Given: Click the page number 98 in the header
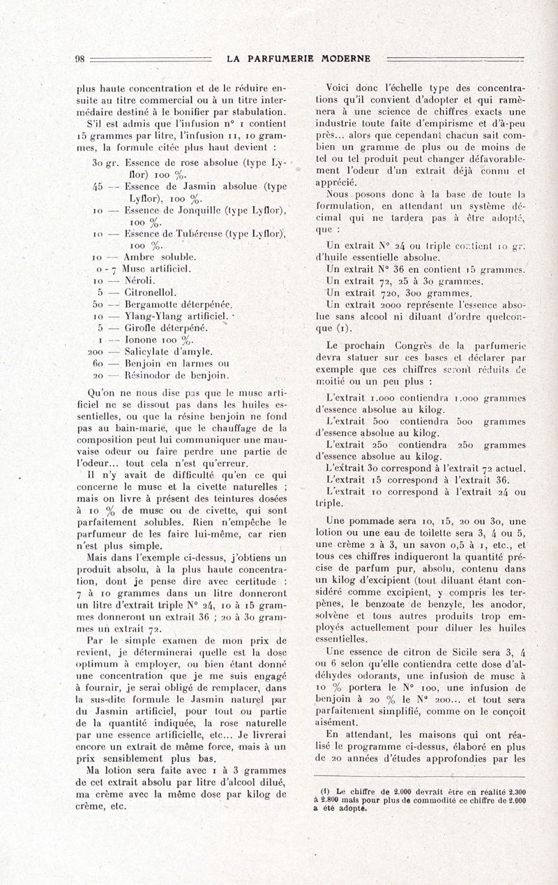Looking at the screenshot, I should [80, 59].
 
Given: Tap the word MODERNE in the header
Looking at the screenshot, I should [345, 59].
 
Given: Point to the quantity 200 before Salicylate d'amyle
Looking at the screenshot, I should [97, 352].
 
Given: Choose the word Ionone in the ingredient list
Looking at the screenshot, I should [142, 340].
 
